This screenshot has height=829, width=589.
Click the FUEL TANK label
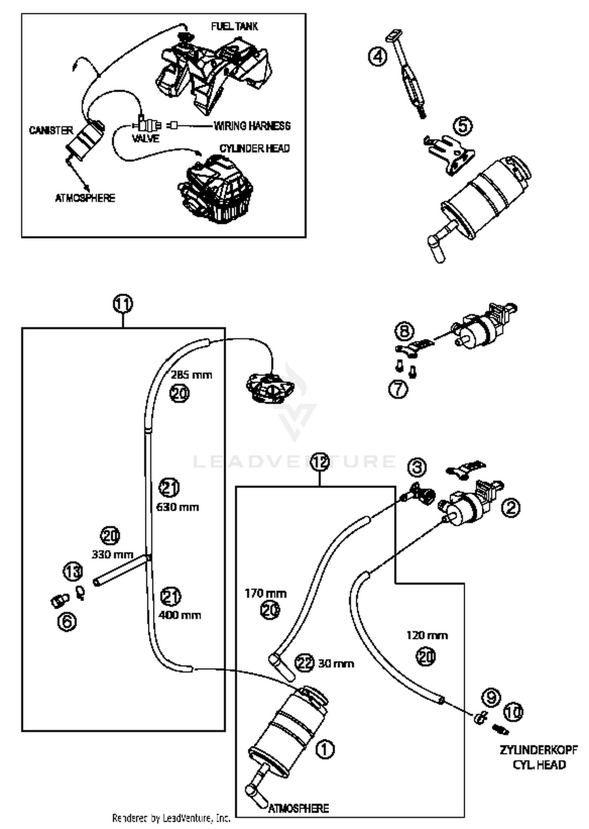click(x=234, y=26)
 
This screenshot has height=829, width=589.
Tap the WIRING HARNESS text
click(x=252, y=126)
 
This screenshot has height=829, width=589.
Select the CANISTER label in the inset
click(x=51, y=130)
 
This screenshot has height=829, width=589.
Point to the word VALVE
click(x=146, y=138)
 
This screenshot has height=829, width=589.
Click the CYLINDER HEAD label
click(x=254, y=149)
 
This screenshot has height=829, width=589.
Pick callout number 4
click(x=377, y=57)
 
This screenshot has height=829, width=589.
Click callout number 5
click(x=463, y=126)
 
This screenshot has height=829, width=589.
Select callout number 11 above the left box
click(x=123, y=304)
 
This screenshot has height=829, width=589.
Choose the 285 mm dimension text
click(x=192, y=375)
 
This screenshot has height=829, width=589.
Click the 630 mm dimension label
click(x=177, y=507)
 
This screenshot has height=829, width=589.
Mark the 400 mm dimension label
click(x=180, y=615)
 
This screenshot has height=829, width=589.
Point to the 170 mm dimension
click(x=265, y=593)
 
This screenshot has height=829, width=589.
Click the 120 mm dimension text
click(x=427, y=635)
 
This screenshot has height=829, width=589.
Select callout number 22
click(x=305, y=663)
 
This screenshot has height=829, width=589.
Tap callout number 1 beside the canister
click(x=325, y=749)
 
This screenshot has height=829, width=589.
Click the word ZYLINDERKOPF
click(x=538, y=750)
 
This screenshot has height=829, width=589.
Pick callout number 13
click(x=73, y=572)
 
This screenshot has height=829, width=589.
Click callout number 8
click(x=404, y=331)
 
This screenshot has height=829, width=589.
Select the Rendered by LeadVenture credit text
click(x=171, y=818)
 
